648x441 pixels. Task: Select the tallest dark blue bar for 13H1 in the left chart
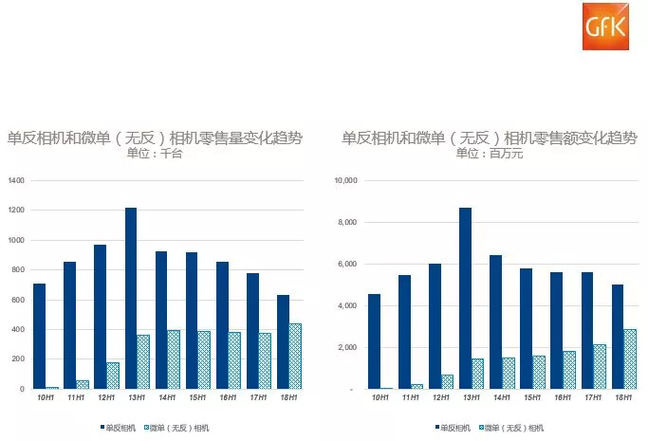[131, 298]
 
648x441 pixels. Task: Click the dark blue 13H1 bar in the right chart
[466, 298]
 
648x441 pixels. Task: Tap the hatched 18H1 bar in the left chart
[294, 356]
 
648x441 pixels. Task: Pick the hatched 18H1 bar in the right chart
[629, 358]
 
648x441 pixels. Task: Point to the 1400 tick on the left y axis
[17, 180]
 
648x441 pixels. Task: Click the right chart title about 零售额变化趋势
[489, 138]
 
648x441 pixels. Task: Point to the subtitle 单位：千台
[157, 154]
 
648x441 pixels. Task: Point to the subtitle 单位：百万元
[489, 154]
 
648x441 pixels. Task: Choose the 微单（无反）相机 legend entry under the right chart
[516, 428]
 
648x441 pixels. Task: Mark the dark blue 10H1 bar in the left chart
[39, 336]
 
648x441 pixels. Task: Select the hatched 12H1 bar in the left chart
[113, 375]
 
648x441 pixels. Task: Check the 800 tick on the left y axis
[19, 269]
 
